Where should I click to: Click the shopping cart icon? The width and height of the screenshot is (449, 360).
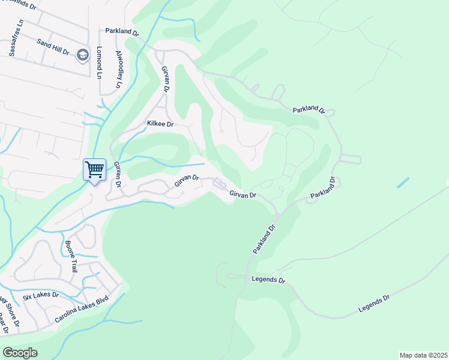coord(94,170)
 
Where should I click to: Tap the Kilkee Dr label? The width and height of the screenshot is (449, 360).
coord(160,124)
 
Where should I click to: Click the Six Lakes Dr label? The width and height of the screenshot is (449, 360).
coord(41,296)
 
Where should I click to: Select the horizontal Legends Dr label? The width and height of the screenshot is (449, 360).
coord(268,280)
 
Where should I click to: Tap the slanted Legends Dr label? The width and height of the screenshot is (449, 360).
coord(374,302)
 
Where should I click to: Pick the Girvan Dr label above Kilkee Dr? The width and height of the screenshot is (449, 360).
coord(166,78)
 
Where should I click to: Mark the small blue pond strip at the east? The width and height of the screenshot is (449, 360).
coord(403,182)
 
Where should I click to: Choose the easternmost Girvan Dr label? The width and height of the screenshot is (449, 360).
coord(243,194)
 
